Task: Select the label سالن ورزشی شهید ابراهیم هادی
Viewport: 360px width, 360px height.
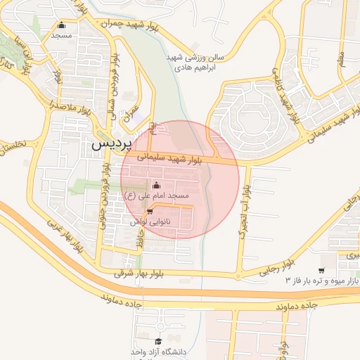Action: (x=195, y=62)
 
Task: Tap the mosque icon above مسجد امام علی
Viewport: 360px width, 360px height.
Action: (x=155, y=185)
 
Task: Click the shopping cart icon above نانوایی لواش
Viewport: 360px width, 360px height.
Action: (x=149, y=211)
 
